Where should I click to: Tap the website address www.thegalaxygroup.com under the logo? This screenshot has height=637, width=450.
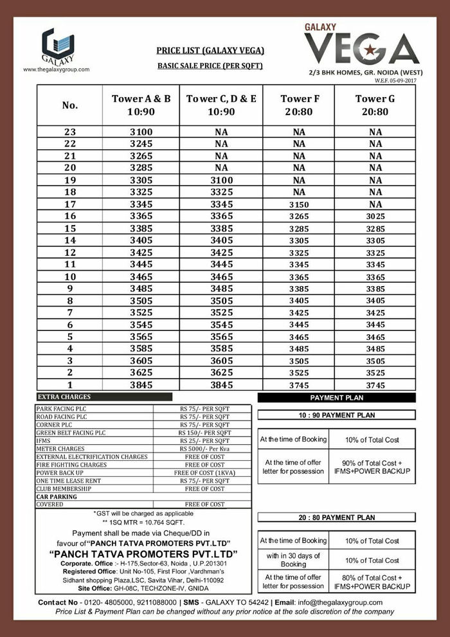(x=57, y=69)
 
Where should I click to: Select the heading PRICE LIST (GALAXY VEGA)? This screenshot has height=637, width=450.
(x=211, y=50)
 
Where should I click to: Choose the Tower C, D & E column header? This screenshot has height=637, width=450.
(x=221, y=104)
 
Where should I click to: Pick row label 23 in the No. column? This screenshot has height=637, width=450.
(x=70, y=131)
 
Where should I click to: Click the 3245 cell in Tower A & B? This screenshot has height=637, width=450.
(x=141, y=143)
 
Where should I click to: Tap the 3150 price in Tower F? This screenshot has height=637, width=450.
(x=298, y=204)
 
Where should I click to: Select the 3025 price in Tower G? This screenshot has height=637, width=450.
(x=372, y=217)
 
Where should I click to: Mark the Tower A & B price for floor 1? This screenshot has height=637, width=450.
(x=141, y=385)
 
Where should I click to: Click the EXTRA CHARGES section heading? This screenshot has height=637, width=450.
(x=65, y=397)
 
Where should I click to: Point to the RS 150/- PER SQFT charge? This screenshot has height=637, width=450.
(x=204, y=432)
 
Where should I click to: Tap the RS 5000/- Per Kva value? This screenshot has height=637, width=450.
(x=204, y=448)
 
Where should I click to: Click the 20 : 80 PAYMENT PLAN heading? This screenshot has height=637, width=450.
(x=337, y=517)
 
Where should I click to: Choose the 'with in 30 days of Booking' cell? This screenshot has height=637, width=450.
(x=292, y=560)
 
